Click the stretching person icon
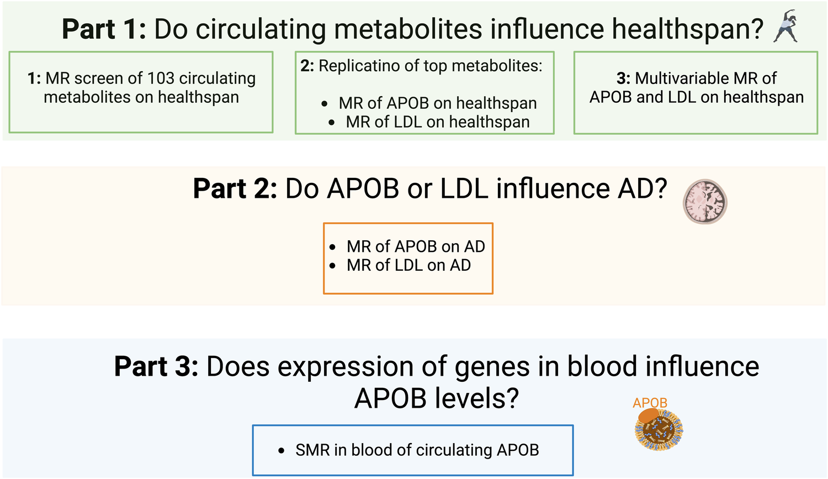click(x=785, y=26)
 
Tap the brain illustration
click(x=705, y=202)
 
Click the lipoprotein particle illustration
click(x=659, y=429)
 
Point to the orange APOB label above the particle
click(x=650, y=403)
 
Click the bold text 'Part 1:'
click(x=104, y=29)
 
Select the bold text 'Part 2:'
click(x=235, y=188)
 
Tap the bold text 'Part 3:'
click(x=156, y=366)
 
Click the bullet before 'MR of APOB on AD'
click(x=332, y=247)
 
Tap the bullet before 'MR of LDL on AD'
click(x=332, y=266)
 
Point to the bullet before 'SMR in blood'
click(x=282, y=450)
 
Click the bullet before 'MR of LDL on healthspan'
click(x=332, y=122)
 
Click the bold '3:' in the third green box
click(x=623, y=78)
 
